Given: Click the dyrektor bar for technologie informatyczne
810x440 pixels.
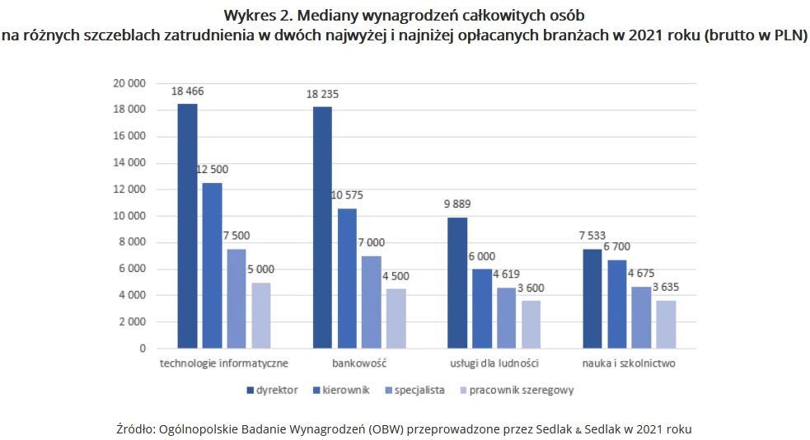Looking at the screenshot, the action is pos(188,226).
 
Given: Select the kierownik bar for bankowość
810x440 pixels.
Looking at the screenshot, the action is pos(347,279).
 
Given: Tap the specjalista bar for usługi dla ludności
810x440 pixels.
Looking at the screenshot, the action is pos(506,317).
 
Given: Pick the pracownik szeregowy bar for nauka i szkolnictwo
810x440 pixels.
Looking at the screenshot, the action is pos(666,325).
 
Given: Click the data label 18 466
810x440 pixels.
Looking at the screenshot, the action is pos(188,91).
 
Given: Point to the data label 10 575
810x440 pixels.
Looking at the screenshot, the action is pos(347,195).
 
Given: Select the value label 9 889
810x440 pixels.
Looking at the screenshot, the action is pos(457,204).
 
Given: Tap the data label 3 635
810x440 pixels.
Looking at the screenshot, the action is pos(666,287).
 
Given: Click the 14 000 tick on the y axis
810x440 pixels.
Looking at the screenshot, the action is pos(129,162).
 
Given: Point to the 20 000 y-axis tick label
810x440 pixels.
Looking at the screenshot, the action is pos(129,83).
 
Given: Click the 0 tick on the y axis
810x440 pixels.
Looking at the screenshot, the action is pos(143,349).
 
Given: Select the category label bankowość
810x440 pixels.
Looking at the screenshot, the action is pos(359,363).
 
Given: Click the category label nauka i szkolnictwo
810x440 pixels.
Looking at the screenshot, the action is pos(629,363).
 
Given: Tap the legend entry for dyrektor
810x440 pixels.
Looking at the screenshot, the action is pos(272,391).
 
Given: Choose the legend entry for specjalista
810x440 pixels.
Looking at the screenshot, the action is pos(414,391).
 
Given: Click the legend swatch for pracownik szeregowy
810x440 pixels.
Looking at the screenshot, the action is pos(463,391).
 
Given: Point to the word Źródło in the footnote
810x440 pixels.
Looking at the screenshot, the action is pos(133,429).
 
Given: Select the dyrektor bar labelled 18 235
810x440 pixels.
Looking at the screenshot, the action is pos(322,227).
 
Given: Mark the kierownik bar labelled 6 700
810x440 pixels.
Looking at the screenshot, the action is pos(617,304).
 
